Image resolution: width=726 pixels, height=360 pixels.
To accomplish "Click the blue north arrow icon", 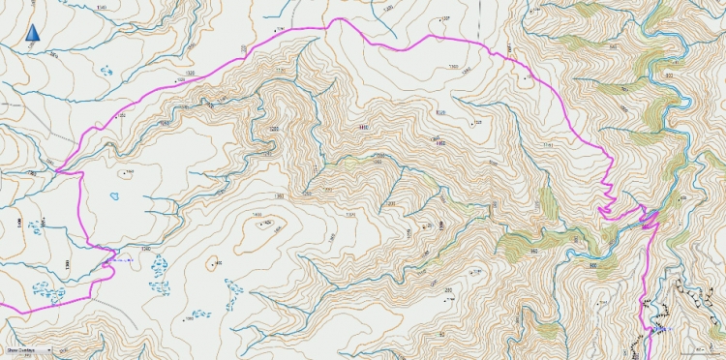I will (x=33, y=34).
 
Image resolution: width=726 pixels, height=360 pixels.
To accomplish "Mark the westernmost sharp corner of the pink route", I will (x=58, y=172).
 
